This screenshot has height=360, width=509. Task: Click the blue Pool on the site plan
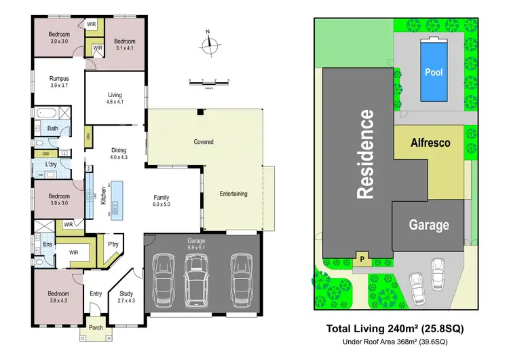[433, 71]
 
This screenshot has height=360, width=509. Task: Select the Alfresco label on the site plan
[431, 143]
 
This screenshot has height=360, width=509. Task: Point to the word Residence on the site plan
[366, 155]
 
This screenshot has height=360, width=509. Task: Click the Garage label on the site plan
[428, 225]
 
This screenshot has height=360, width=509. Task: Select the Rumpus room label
[59, 82]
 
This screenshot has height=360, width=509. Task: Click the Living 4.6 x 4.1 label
[115, 99]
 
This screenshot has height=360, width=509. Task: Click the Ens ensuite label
[48, 243]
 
